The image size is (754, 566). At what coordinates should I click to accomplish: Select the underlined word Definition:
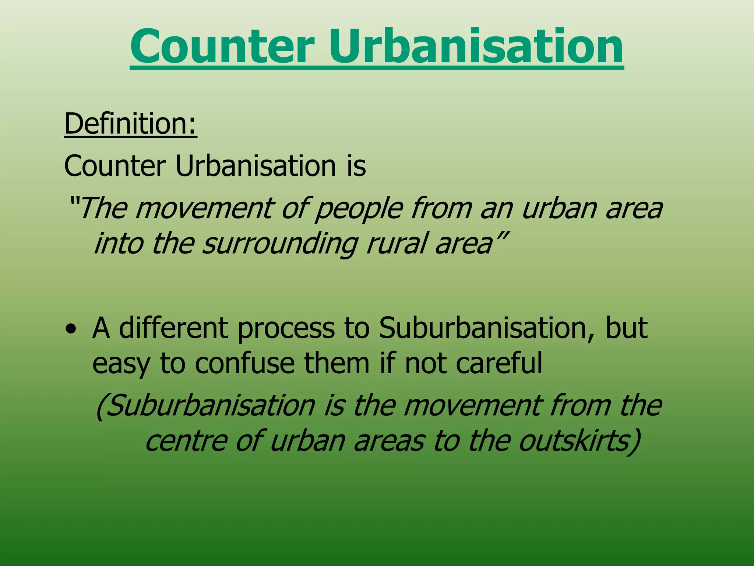131,124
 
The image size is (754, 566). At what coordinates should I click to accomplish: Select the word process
286,329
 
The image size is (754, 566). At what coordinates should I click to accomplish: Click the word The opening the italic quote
103,208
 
